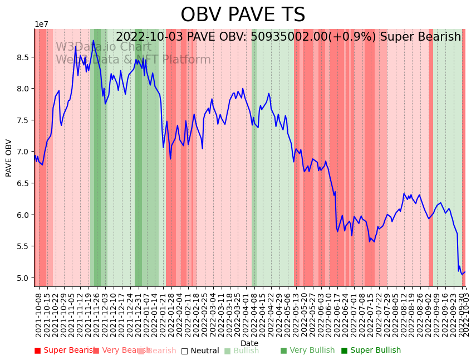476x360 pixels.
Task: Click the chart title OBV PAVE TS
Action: (x=243, y=15)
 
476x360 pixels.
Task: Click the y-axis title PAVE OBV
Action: (x=9, y=158)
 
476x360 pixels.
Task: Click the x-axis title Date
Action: (x=249, y=343)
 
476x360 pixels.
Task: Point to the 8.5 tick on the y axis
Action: (x=24, y=57)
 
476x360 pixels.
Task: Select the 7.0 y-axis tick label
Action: (x=24, y=152)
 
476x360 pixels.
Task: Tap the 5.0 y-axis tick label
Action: (x=24, y=278)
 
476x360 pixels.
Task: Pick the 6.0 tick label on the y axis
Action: (x=24, y=215)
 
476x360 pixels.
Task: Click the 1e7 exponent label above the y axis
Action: (x=41, y=25)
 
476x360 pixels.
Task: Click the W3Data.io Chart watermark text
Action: (x=103, y=47)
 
